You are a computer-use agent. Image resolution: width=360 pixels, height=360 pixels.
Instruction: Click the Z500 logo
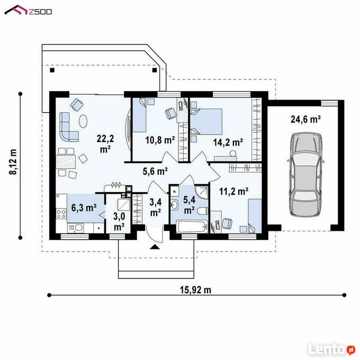tap(28, 11)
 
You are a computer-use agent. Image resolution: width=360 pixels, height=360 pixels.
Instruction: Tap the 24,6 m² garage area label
tap(305, 120)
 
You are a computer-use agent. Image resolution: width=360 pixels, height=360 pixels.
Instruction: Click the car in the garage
tap(306, 175)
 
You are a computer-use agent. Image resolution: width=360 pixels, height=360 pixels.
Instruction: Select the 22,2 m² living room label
tap(105, 144)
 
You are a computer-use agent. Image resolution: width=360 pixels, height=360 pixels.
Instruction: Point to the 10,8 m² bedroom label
tap(160, 140)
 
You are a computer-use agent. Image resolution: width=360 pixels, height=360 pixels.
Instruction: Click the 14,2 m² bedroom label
tap(228, 142)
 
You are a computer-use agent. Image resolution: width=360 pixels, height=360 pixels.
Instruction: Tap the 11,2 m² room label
tap(233, 191)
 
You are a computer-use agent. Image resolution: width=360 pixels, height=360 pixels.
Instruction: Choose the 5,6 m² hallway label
tap(155, 172)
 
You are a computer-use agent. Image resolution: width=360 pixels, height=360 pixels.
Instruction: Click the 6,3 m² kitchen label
tap(84, 208)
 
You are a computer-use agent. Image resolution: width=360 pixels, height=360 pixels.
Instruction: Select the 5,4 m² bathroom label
tap(190, 205)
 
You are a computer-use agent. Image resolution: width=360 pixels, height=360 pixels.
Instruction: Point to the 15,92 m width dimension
tap(195, 290)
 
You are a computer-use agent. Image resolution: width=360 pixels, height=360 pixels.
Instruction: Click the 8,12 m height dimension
tap(13, 161)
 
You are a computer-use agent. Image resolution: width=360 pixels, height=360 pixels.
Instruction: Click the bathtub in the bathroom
tap(192, 227)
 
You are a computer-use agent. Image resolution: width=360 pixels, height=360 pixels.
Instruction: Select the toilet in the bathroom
tap(202, 211)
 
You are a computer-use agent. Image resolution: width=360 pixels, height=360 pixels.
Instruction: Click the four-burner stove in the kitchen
tap(61, 214)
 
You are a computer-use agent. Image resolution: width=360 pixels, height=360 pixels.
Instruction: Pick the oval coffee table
tap(83, 121)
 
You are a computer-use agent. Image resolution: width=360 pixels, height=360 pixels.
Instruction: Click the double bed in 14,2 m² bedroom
tap(206, 121)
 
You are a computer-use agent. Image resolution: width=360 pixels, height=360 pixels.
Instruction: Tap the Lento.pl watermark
tap(331, 349)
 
